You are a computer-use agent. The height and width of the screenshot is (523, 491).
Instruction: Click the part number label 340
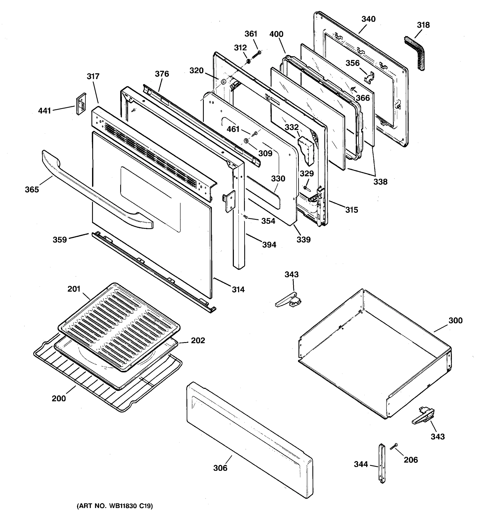368,19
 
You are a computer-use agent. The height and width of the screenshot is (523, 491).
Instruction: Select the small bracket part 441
81,104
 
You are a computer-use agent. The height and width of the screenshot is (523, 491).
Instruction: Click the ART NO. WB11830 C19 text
115,506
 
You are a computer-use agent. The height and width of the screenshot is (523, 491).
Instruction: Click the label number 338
380,182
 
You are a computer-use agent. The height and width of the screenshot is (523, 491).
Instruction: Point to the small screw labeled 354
245,217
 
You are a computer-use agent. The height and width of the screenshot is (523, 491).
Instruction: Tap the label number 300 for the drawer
455,320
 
